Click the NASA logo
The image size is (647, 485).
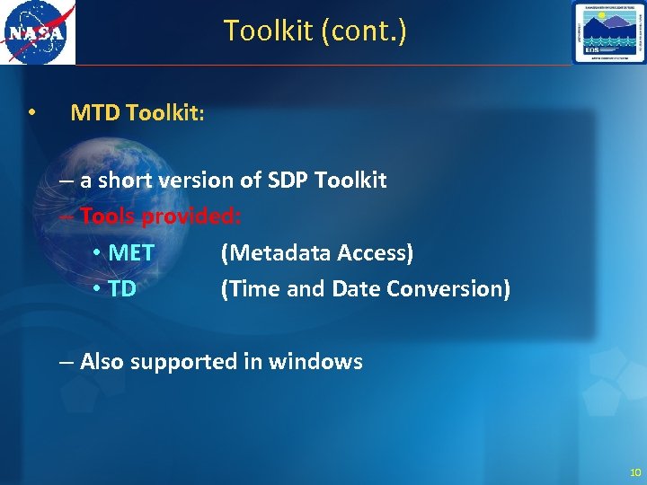38,33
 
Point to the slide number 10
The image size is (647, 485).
635,472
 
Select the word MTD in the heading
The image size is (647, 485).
95,113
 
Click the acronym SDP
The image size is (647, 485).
288,180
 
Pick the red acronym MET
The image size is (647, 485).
131,253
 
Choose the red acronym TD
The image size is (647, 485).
122,289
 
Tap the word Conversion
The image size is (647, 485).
460,289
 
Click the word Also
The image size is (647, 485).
102,362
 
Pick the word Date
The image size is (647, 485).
356,289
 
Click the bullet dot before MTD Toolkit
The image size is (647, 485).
31,113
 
